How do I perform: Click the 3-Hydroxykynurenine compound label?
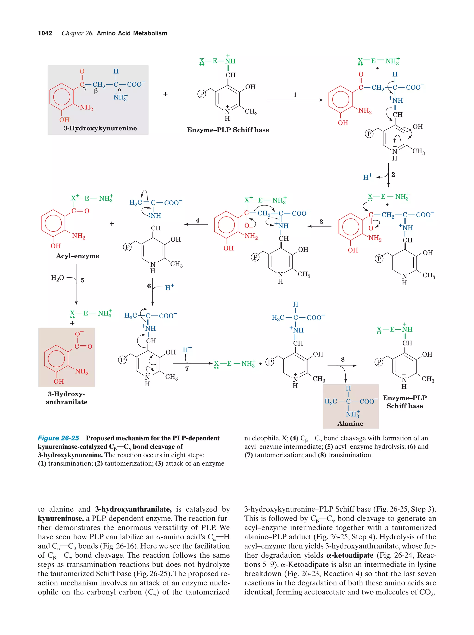(100, 128)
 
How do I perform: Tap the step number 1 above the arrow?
(295, 95)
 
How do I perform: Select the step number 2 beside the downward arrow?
(393, 174)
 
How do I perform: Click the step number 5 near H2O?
(83, 280)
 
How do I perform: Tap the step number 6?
(149, 286)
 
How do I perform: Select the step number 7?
(187, 369)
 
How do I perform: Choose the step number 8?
(343, 359)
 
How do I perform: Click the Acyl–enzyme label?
(78, 256)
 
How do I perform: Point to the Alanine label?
(350, 423)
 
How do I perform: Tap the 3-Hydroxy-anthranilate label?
(66, 398)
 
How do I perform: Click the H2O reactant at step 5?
(57, 278)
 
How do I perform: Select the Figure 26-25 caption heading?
(58, 438)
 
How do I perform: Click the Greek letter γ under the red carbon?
(85, 89)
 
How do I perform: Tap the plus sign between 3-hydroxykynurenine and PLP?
(165, 94)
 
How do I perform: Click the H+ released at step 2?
(367, 177)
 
